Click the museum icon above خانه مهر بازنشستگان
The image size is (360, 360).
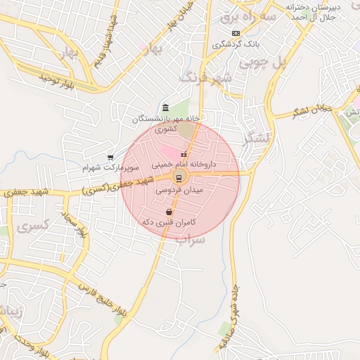tap(165, 108)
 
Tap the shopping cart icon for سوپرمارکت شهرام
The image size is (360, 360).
tap(110, 157)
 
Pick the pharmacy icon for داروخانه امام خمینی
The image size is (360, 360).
tap(184, 155)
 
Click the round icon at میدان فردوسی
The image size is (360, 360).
tap(179, 176)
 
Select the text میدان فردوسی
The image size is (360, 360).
tap(178, 190)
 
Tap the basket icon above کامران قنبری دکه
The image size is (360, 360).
tap(169, 212)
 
